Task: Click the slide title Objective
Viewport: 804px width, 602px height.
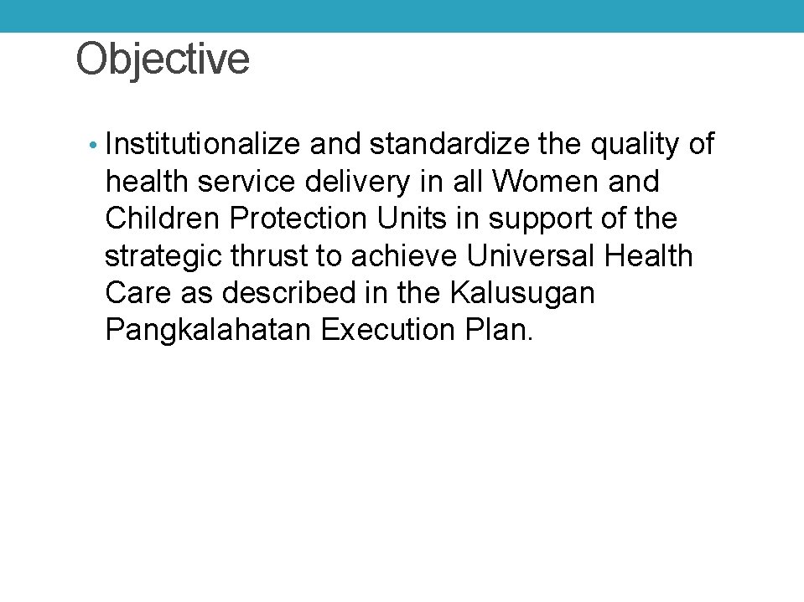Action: click(163, 59)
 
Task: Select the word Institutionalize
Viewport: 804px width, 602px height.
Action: click(203, 145)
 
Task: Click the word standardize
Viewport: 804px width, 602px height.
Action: click(449, 145)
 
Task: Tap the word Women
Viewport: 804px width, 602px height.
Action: click(547, 181)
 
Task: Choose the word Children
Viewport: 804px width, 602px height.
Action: click(163, 219)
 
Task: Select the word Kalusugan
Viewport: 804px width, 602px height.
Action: click(522, 294)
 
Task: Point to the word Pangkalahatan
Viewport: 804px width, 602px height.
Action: click(209, 331)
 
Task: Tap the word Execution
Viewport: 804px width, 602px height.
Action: click(387, 330)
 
